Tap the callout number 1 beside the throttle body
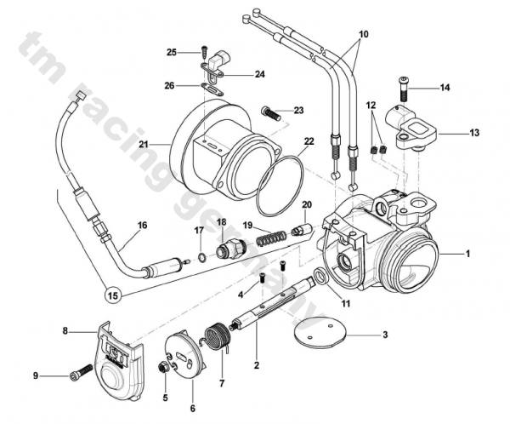pos(466,254)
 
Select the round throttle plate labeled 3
pos(319,334)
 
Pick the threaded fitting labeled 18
pos(227,250)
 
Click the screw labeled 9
pos(81,373)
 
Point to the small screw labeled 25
pos(204,50)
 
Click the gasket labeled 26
pos(212,87)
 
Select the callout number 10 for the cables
pos(364,35)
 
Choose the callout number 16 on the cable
pos(142,226)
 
